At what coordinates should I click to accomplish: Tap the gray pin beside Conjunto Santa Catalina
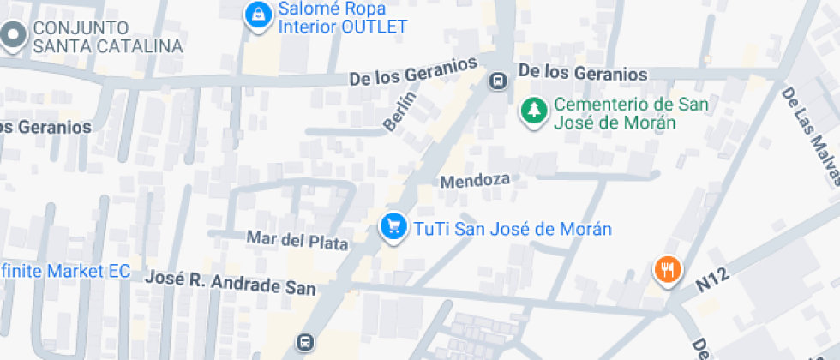click(x=13, y=37)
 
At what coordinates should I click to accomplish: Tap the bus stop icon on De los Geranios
click(x=496, y=81)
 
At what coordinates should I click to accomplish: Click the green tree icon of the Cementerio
click(x=534, y=111)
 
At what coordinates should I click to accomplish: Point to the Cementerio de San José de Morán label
click(x=618, y=113)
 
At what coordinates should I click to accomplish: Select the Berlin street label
click(x=399, y=111)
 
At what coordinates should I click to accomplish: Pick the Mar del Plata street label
click(x=297, y=239)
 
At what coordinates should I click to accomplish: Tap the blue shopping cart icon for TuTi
click(x=393, y=227)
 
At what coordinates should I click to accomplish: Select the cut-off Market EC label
click(x=64, y=272)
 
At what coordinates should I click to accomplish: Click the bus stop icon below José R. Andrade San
click(x=303, y=342)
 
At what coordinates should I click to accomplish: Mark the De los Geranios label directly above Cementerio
click(x=583, y=74)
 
